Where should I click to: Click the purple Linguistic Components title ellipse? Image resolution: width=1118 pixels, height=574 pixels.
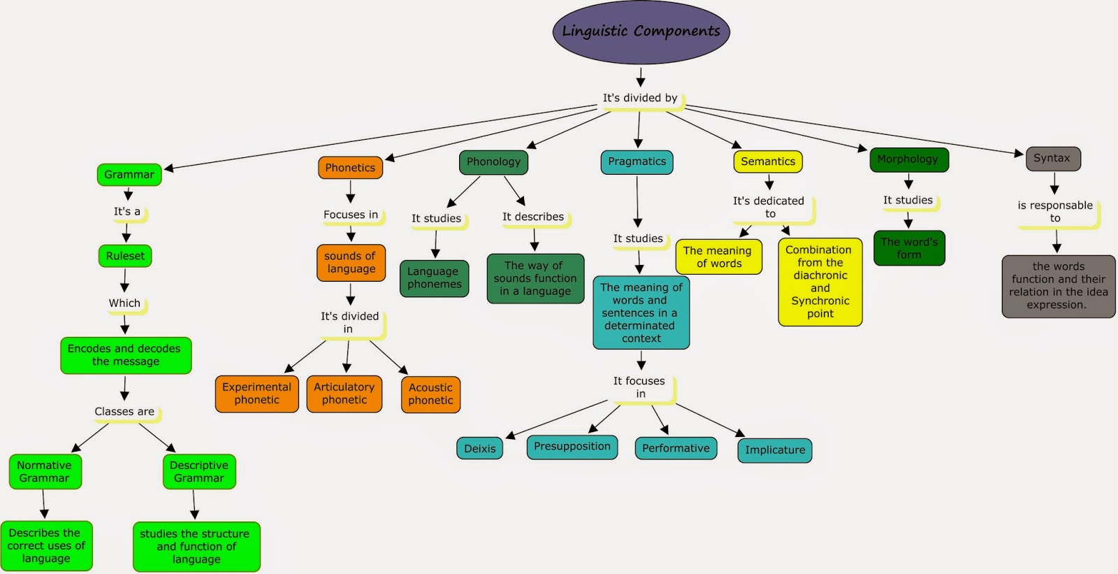pyautogui.click(x=641, y=32)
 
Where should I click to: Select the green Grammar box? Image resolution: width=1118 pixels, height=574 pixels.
pyautogui.click(x=129, y=175)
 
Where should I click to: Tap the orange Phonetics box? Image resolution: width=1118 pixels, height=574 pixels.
pyautogui.click(x=350, y=168)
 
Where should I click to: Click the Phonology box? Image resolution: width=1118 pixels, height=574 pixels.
pyautogui.click(x=493, y=162)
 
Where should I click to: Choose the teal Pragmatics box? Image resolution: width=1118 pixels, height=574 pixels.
pyautogui.click(x=637, y=162)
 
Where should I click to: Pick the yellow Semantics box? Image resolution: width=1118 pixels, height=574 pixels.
pyautogui.click(x=768, y=162)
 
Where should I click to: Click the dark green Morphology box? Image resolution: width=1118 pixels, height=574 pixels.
pyautogui.click(x=908, y=159)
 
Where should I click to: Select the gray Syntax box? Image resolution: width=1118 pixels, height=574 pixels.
pyautogui.click(x=1052, y=159)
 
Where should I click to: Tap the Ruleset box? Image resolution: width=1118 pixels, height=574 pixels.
pyautogui.click(x=125, y=256)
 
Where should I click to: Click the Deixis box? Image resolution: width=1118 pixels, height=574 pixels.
pyautogui.click(x=480, y=449)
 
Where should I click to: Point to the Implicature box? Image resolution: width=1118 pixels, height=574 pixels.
pyautogui.click(x=774, y=450)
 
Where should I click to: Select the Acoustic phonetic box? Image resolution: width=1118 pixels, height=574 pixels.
pyautogui.click(x=430, y=394)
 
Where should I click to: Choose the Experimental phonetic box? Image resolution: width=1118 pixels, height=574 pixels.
pyautogui.click(x=256, y=394)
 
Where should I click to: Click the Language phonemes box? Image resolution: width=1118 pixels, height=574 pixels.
pyautogui.click(x=434, y=278)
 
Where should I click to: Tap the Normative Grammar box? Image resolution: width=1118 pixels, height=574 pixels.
pyautogui.click(x=45, y=472)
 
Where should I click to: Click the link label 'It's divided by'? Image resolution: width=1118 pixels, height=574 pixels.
pyautogui.click(x=640, y=98)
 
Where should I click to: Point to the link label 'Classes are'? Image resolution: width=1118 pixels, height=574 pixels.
pyautogui.click(x=124, y=412)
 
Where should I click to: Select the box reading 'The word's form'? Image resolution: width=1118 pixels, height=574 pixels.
pyautogui.click(x=909, y=248)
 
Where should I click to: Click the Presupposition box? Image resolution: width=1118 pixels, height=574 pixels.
pyautogui.click(x=572, y=447)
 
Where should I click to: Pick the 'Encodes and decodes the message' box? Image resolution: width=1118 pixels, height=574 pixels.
pyautogui.click(x=125, y=355)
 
